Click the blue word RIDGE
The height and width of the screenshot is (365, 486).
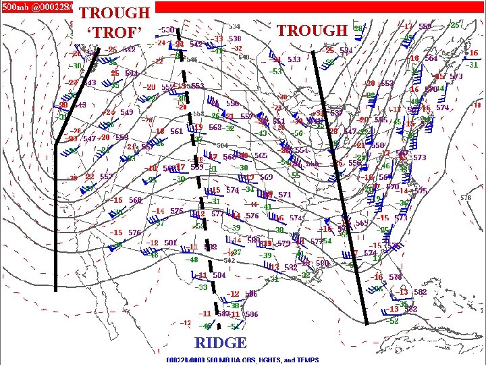tap(220, 342)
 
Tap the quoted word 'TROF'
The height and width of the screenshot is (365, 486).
tap(115, 32)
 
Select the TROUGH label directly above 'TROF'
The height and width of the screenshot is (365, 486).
tap(115, 13)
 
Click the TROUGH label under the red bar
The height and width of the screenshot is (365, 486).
tap(311, 30)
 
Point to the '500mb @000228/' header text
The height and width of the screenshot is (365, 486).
tap(36, 6)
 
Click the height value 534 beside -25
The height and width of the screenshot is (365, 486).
tap(346, 50)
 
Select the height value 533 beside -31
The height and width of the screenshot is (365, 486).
tap(294, 59)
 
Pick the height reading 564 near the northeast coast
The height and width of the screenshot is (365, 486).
tap(430, 58)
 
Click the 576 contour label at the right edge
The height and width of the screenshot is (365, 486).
tap(466, 198)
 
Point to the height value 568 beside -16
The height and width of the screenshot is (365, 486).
tap(135, 201)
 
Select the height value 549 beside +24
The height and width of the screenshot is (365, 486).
tap(126, 112)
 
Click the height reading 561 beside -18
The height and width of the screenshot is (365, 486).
tap(176, 132)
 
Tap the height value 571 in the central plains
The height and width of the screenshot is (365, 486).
tap(284, 195)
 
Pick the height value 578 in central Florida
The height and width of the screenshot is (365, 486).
tap(395, 277)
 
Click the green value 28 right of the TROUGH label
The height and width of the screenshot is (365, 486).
tap(358, 29)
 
